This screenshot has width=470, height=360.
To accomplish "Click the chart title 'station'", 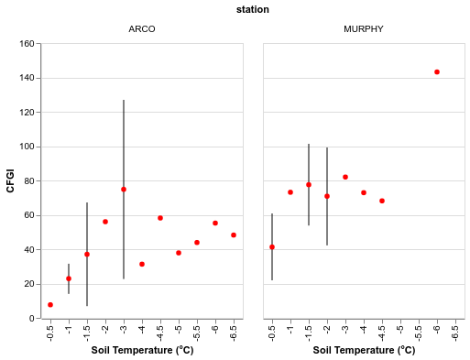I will point(252,10).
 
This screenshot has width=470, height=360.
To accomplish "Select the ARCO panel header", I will point(142,29).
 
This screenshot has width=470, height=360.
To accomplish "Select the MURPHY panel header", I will point(364,29).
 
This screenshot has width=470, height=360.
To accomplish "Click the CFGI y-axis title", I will point(11,180).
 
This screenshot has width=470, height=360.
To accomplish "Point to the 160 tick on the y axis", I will point(27,44).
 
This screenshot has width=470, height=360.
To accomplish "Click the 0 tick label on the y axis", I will point(32,318).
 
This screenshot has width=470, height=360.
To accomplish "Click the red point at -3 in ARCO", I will point(124,190).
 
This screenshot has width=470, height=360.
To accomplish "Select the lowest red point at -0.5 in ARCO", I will point(50,304).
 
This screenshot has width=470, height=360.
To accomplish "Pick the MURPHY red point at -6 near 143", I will point(437,72).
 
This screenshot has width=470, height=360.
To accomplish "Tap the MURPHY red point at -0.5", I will point(272,247).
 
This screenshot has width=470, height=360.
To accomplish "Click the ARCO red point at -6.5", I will point(234,235).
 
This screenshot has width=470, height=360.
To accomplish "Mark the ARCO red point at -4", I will point(142,264).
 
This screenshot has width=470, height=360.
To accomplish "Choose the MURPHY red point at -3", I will point(345,177).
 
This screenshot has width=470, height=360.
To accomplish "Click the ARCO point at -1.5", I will point(87,255).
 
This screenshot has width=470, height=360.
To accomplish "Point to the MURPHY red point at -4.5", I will point(382,201).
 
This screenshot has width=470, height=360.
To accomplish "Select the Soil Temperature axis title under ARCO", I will point(142,350).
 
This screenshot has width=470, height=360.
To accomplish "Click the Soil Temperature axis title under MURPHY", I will point(364,350).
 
